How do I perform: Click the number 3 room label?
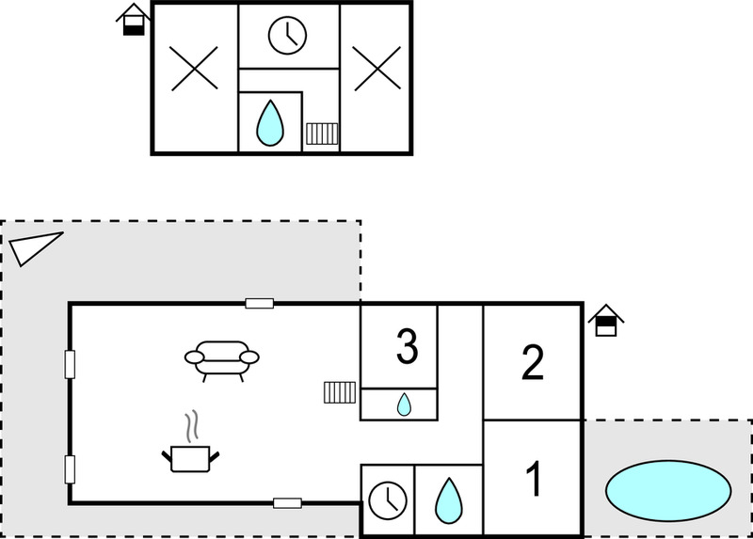(408, 346)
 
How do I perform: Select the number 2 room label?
(533, 362)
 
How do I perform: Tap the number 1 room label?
(534, 478)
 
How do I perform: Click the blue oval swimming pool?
(668, 490)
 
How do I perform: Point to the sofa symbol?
(222, 360)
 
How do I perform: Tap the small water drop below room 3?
(404, 404)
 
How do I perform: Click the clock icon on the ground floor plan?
(388, 500)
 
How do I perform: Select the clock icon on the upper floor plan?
(288, 36)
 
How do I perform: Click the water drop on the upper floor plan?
(270, 123)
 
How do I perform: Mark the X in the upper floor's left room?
(195, 69)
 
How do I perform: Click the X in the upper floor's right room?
(377, 68)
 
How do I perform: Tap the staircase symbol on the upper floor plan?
(322, 134)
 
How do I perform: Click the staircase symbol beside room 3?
(340, 392)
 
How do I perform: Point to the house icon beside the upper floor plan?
(133, 20)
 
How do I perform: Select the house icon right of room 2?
(606, 320)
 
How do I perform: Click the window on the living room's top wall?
(260, 303)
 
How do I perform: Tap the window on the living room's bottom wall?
(288, 503)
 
